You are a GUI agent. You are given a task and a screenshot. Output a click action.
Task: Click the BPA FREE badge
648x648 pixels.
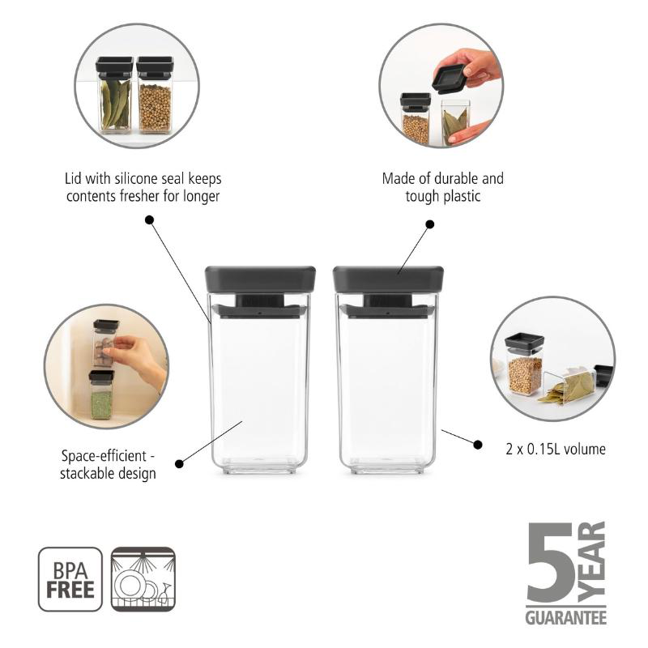click(x=70, y=579)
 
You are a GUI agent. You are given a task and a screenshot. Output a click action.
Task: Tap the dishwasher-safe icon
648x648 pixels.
click(x=143, y=579)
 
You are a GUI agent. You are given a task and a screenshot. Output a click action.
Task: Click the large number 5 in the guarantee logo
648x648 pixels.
click(x=552, y=565)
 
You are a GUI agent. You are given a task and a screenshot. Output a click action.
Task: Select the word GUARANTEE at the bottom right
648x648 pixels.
click(x=565, y=617)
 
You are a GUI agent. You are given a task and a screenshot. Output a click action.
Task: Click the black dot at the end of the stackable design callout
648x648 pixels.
click(x=179, y=463)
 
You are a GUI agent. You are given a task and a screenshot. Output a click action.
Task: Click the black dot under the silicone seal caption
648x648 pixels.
click(x=149, y=220)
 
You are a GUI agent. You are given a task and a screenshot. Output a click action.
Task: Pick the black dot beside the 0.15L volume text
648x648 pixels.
click(x=478, y=444)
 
